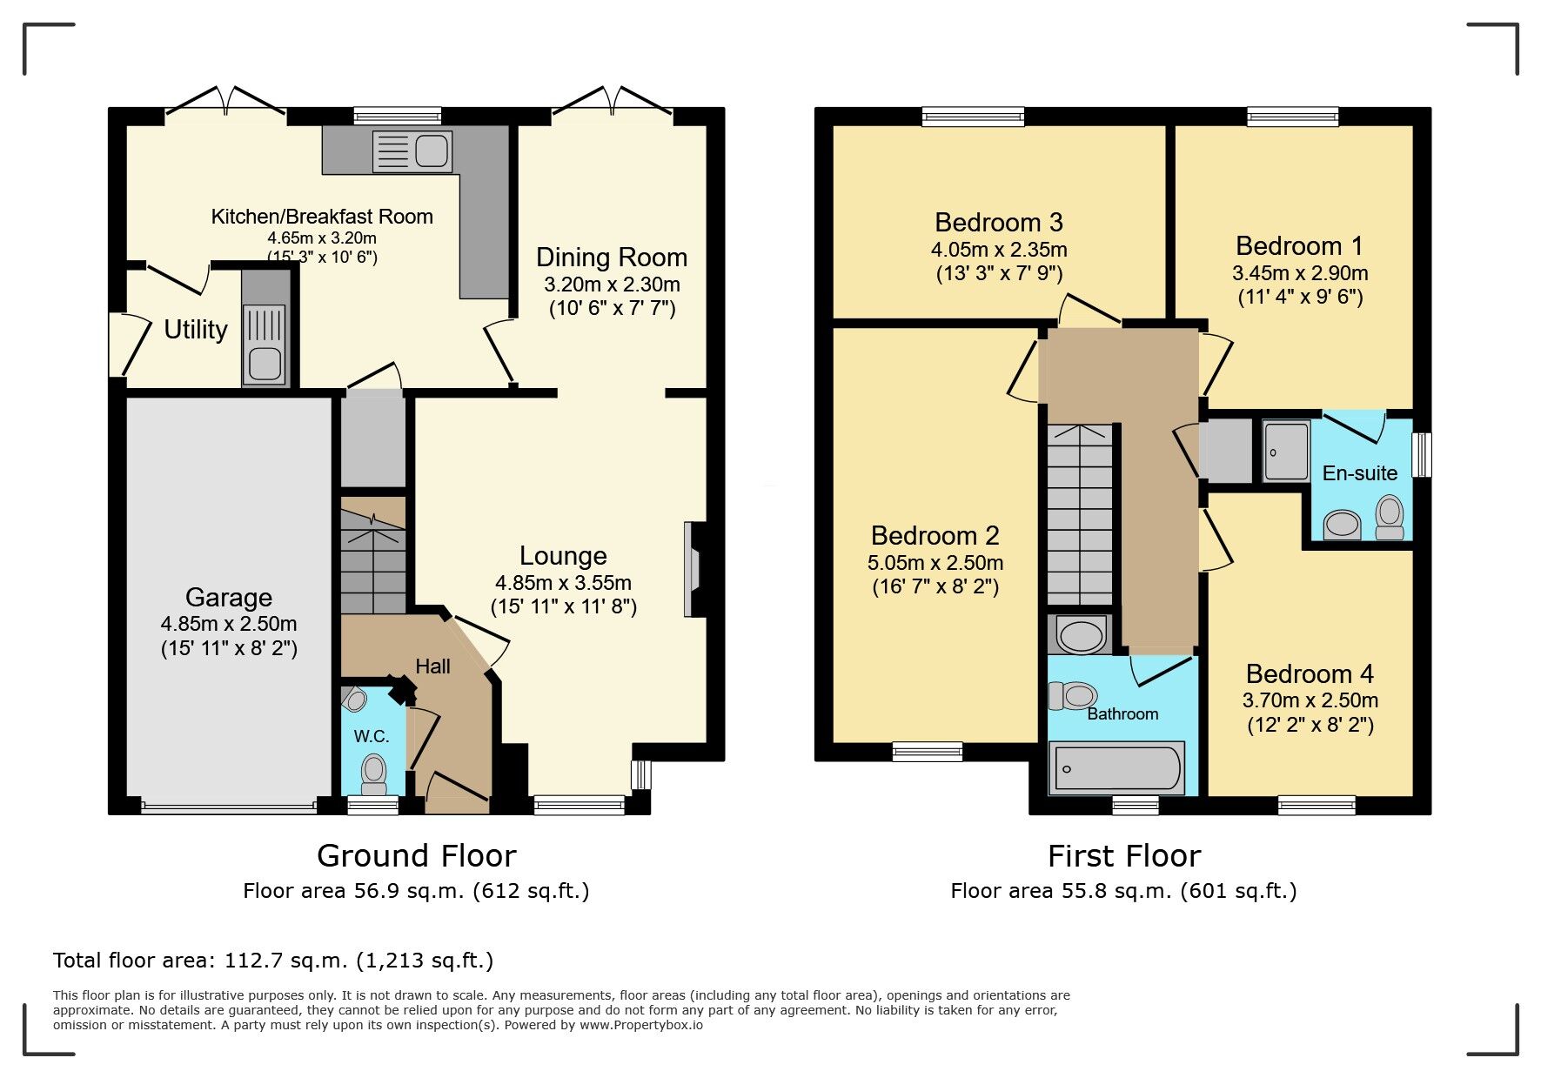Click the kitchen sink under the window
click(x=412, y=151)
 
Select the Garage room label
click(x=229, y=598)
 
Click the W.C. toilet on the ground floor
click(x=374, y=773)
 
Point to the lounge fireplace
click(x=693, y=569)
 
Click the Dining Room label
click(x=612, y=258)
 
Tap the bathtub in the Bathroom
click(x=1117, y=768)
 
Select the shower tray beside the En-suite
click(x=1286, y=451)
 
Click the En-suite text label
click(x=1359, y=473)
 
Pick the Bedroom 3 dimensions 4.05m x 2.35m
click(x=999, y=251)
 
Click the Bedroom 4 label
click(x=1310, y=674)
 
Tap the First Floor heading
click(x=1123, y=856)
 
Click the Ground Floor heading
click(x=416, y=856)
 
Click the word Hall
click(x=432, y=666)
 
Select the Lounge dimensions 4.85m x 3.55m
click(x=563, y=583)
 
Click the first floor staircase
click(x=1079, y=513)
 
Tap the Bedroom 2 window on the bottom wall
click(x=928, y=752)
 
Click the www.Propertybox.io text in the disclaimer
click(x=641, y=1025)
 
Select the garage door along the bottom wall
click(x=229, y=807)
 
